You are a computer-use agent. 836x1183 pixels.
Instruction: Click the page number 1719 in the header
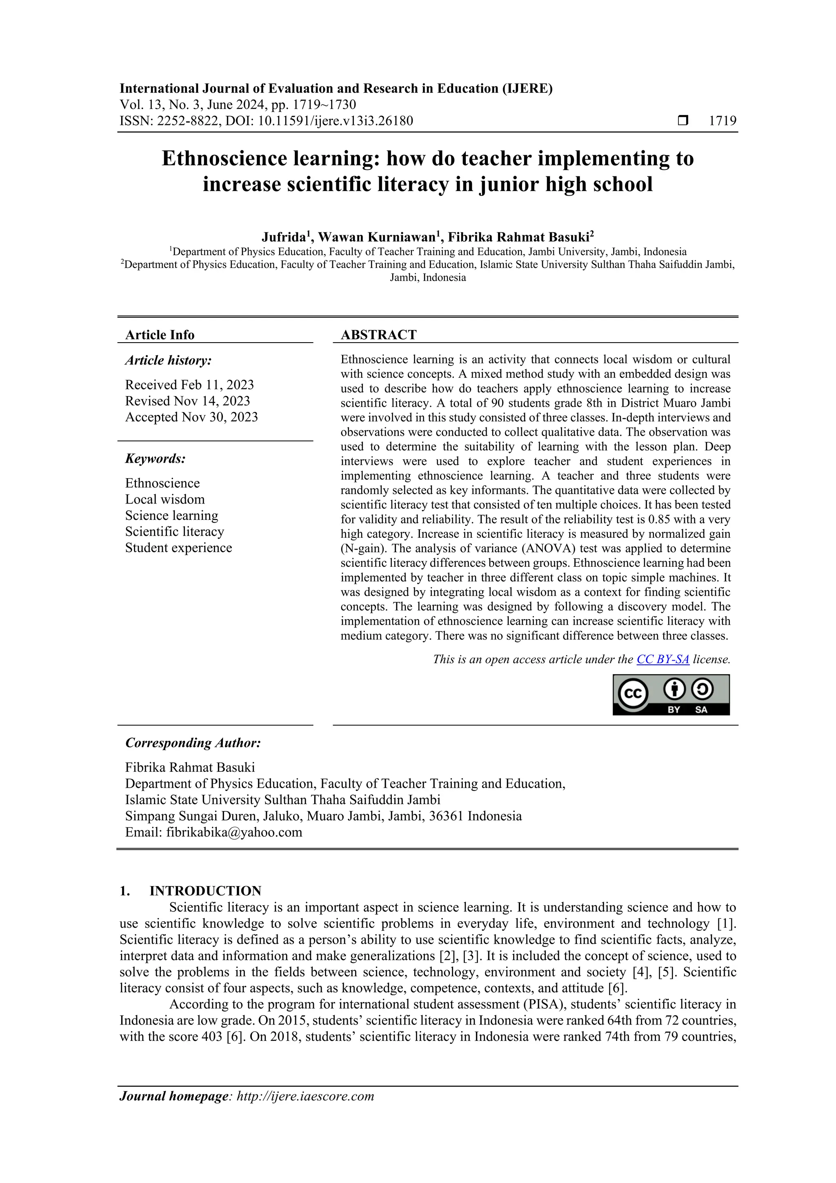(x=722, y=121)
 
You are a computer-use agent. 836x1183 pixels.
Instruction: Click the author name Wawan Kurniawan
(x=376, y=238)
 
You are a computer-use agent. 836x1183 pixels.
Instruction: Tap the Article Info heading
(x=160, y=335)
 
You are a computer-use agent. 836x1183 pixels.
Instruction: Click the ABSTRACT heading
(x=378, y=335)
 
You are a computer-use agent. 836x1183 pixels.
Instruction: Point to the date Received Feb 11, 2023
(x=189, y=385)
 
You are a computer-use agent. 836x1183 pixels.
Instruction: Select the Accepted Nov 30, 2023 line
(x=191, y=417)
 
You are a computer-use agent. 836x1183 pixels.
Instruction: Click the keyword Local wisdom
(x=165, y=499)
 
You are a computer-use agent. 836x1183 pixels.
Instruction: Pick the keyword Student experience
(x=178, y=548)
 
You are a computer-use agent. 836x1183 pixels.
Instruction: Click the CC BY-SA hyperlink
(x=663, y=659)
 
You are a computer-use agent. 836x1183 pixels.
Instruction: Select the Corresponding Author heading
(x=193, y=743)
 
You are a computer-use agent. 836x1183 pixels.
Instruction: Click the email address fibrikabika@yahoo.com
(x=234, y=832)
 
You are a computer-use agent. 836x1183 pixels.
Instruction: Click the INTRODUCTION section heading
(x=205, y=891)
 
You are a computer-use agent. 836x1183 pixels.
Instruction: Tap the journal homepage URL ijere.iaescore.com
(x=305, y=1096)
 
